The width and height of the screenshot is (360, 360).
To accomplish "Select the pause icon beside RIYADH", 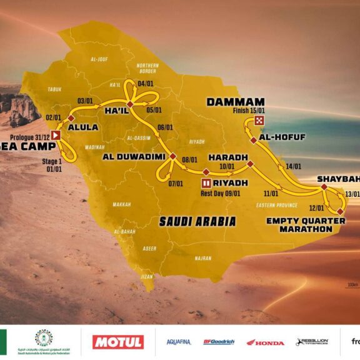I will pos(206,183).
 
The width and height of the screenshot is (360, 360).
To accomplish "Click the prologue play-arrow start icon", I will pos(56,134).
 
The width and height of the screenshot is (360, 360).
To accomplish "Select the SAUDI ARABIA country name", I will pos(197,221).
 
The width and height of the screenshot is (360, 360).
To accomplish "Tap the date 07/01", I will pos(175,183).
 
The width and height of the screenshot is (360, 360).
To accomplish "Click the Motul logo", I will pos(118,342).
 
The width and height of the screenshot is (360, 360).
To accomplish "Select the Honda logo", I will pos(265,342).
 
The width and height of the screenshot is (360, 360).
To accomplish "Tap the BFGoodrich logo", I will pos(219,342).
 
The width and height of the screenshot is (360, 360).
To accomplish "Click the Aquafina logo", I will pos(179,342).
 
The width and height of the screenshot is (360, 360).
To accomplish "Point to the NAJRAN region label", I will pos(202,257).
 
